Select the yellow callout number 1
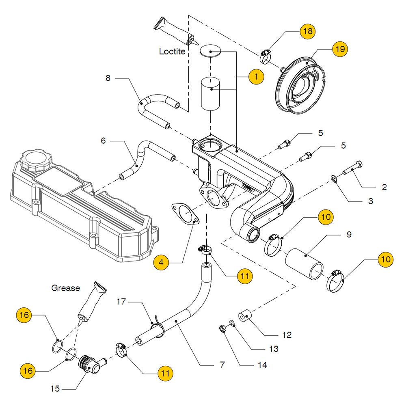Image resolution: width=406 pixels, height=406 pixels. click(256, 76)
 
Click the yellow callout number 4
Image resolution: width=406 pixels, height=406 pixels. click(161, 263)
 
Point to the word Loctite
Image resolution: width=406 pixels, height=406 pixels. click(172, 52)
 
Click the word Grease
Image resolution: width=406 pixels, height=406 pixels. click(65, 288)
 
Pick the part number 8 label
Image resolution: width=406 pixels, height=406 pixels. click(108, 78)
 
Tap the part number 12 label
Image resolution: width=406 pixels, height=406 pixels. click(287, 335)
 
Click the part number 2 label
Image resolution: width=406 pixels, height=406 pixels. click(384, 188)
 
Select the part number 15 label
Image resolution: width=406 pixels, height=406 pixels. click(55, 389)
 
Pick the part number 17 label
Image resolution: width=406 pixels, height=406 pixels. click(122, 302)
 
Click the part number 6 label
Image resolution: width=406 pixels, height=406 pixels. click(103, 141)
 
